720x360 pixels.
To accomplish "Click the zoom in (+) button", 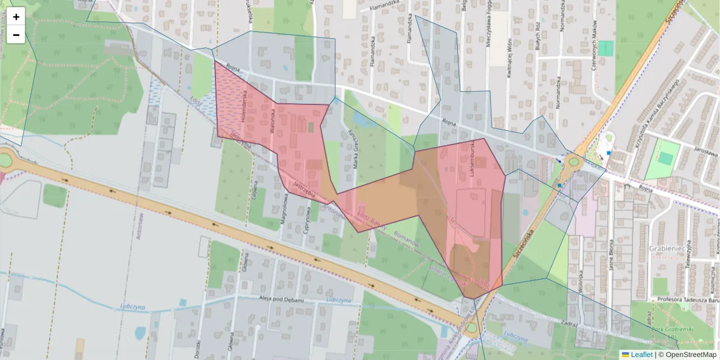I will [16, 17].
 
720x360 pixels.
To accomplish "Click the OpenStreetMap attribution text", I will [687, 355].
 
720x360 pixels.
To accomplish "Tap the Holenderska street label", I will [244, 106].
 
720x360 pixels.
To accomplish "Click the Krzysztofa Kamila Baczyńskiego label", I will [654, 114].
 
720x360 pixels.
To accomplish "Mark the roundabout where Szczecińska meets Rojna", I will [573, 161].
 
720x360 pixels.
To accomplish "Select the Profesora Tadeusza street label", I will [688, 300].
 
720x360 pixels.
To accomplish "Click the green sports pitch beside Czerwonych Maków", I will [606, 48].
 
